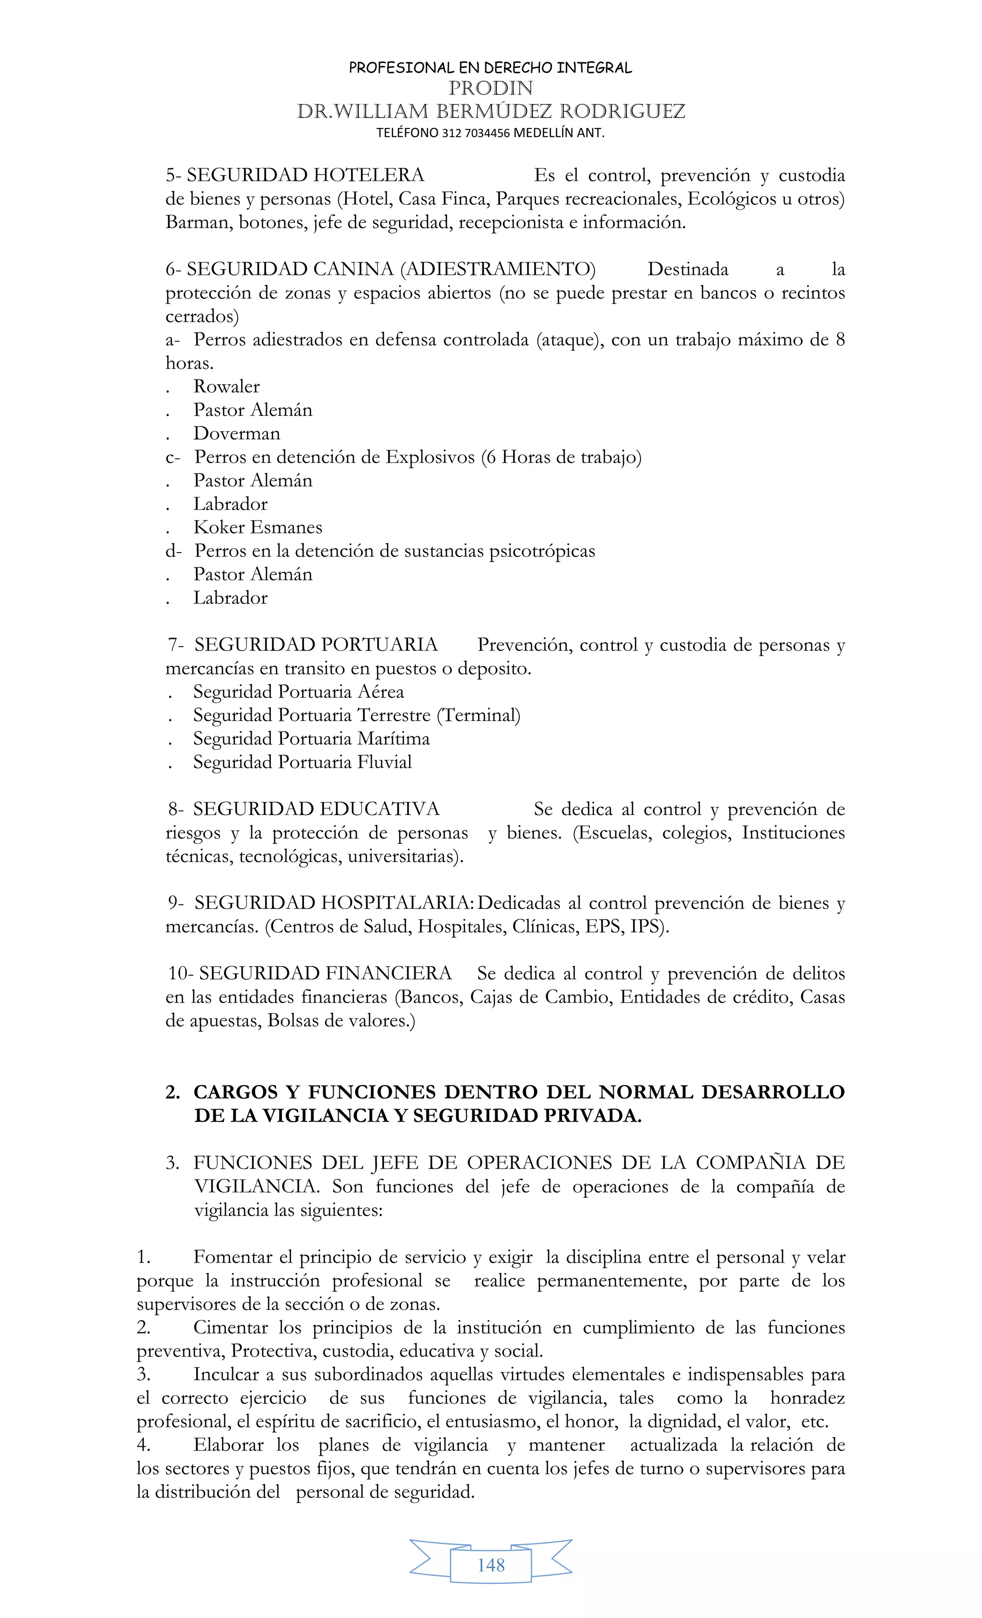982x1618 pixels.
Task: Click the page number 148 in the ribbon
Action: (491, 1565)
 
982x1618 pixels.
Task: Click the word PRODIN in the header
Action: (491, 88)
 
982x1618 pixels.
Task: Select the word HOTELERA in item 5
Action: (368, 175)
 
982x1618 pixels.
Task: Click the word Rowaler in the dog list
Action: (226, 387)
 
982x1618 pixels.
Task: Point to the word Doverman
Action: (236, 433)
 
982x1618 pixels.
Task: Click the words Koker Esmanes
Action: (257, 527)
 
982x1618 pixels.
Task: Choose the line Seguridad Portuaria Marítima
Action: (311, 739)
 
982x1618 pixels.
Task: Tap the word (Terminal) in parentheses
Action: (479, 715)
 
